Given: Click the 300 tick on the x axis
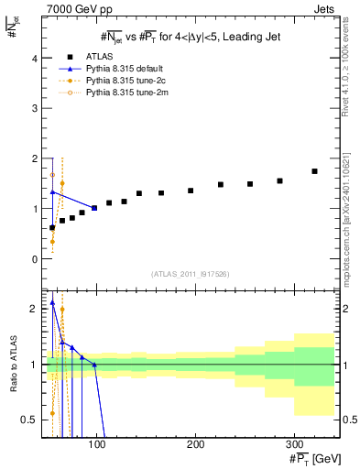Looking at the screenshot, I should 294,444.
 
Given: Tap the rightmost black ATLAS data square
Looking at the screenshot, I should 314,171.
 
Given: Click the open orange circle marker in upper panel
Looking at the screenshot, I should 52,174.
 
